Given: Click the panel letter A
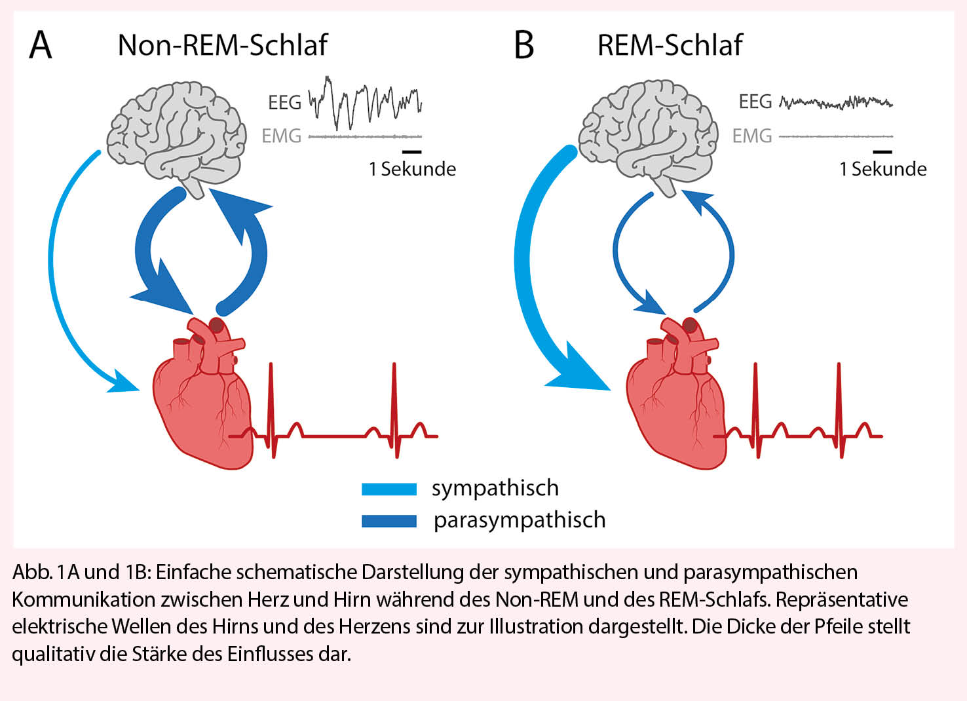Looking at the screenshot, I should coord(41,46).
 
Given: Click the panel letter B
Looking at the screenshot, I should coord(524,46).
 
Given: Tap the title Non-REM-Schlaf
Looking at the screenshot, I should coord(222,45).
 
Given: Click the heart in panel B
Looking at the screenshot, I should coord(675,400).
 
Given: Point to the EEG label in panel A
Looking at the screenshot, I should coord(284,103).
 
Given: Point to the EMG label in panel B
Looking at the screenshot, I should coord(751,136).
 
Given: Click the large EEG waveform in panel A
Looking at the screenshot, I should coord(364,102).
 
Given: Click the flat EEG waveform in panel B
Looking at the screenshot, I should coord(836,102).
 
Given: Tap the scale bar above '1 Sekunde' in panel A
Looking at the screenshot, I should coord(413,152).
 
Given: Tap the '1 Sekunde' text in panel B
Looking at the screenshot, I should coord(882,169).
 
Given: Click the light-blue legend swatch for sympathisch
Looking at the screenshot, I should coord(389,489).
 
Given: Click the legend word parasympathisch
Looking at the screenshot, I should coord(519,520).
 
